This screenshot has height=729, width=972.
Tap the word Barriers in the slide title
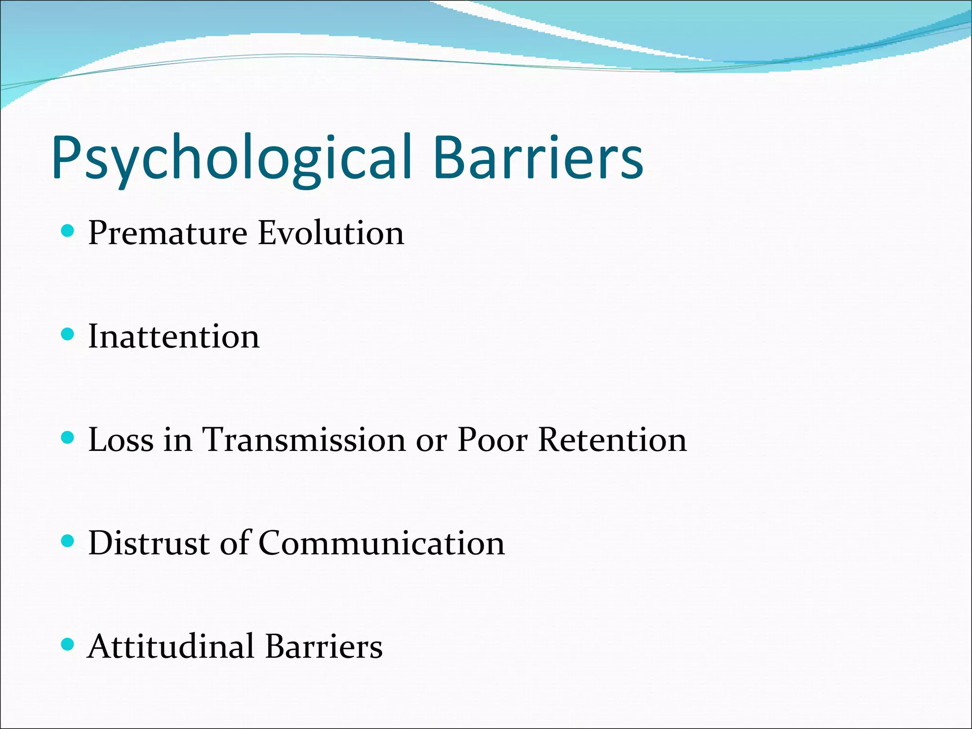click(538, 158)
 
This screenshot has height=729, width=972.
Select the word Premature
click(168, 234)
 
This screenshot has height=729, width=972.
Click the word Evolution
click(331, 234)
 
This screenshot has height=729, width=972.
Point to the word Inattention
click(174, 336)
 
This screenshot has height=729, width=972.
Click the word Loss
click(121, 440)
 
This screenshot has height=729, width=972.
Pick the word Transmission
click(304, 440)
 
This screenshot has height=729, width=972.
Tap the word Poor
click(492, 440)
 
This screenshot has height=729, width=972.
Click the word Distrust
click(149, 543)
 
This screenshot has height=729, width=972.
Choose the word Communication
click(382, 543)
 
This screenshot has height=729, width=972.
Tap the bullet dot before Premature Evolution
click(68, 232)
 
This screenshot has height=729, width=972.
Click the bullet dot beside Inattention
click(68, 335)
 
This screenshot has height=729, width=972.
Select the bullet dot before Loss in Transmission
click(68, 438)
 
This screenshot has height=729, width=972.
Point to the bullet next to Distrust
click(68, 541)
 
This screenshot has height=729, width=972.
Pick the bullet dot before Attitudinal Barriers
click(68, 644)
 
